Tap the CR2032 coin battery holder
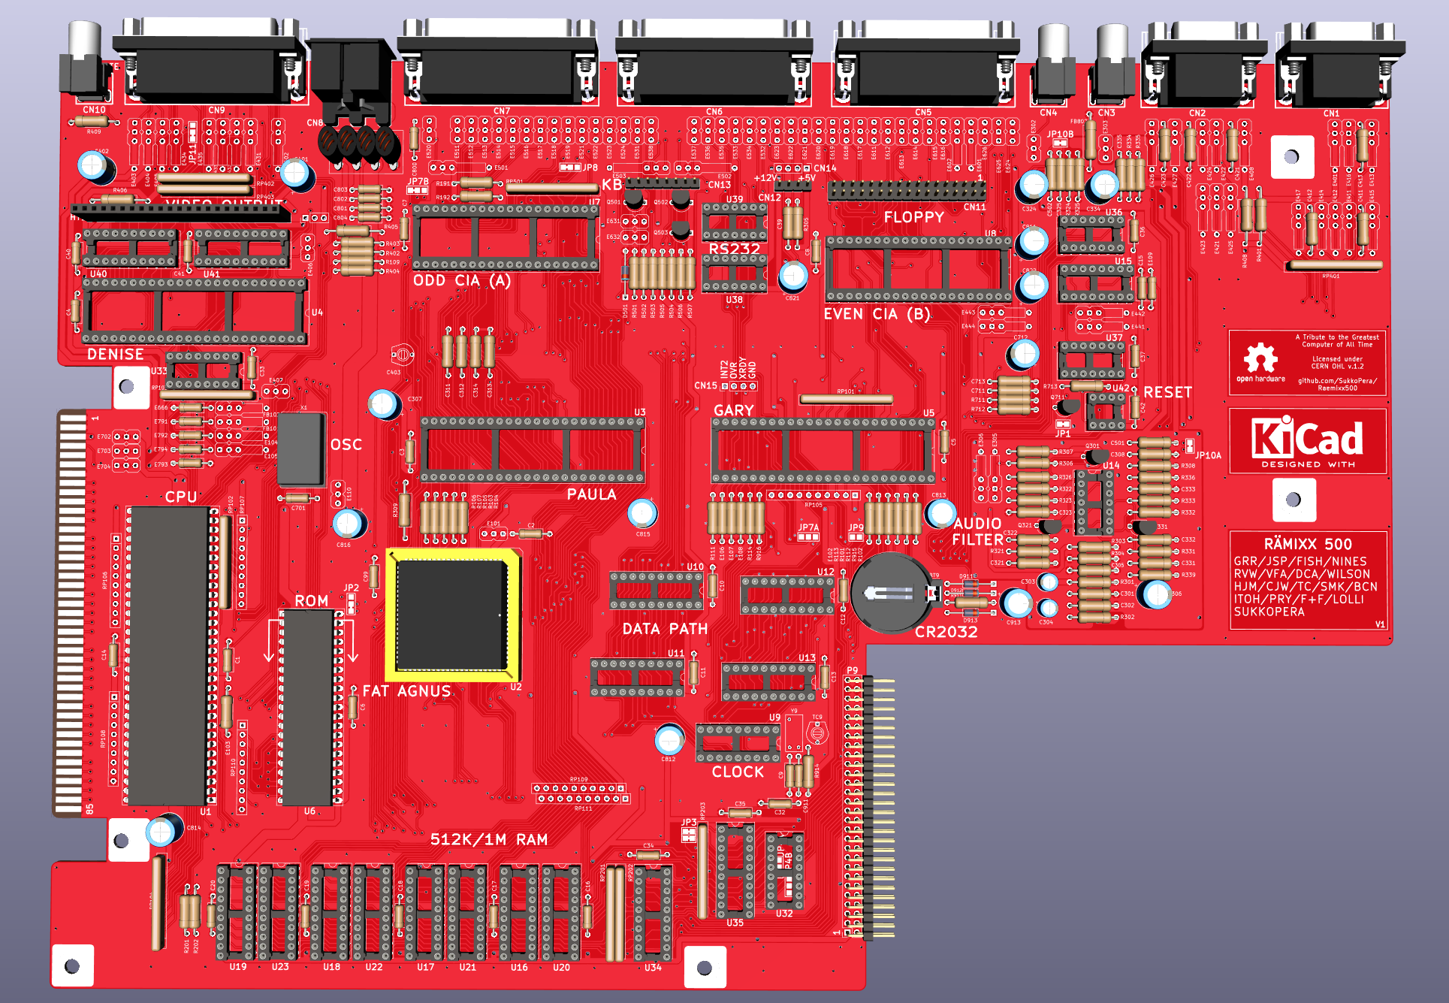pos(891,593)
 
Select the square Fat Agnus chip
pos(451,615)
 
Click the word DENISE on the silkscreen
pos(115,355)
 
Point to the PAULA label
pos(591,494)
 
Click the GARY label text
pos(733,411)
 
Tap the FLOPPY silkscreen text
pos(913,217)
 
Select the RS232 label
pos(734,249)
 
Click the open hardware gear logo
pos(1260,359)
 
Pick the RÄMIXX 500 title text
pos(1307,544)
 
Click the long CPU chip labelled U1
pos(168,655)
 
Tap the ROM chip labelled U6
pos(306,706)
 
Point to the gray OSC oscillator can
pos(300,449)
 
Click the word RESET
pos(1167,392)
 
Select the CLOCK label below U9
pos(738,772)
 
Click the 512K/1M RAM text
pos(488,839)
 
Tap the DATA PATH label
pos(665,629)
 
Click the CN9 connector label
pos(216,110)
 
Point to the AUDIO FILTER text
pos(977,531)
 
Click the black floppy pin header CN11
pos(906,191)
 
